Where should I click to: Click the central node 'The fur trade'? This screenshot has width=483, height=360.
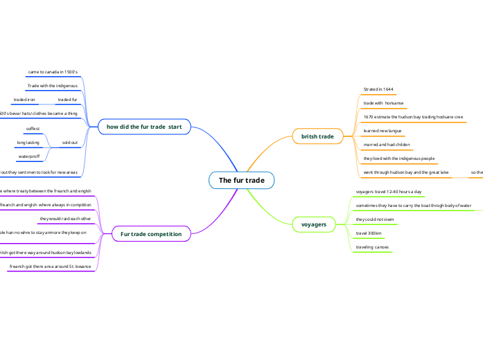pyautogui.click(x=241, y=181)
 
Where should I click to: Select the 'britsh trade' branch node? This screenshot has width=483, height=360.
pyautogui.click(x=317, y=136)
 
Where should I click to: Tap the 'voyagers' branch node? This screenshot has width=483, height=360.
pyautogui.click(x=313, y=224)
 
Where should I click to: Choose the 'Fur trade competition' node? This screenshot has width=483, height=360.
pyautogui.click(x=151, y=234)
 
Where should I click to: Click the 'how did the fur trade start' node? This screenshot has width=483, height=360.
pyautogui.click(x=144, y=127)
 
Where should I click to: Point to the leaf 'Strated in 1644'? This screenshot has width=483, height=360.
pyautogui.click(x=378, y=89)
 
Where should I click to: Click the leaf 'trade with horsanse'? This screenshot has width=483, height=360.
pyautogui.click(x=379, y=102)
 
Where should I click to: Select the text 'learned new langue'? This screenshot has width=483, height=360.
pyautogui.click(x=383, y=130)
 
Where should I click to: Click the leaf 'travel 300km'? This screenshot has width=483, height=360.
pyautogui.click(x=369, y=233)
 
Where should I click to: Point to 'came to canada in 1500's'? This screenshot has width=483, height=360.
pyautogui.click(x=53, y=71)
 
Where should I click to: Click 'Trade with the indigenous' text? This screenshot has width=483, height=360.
pyautogui.click(x=52, y=85)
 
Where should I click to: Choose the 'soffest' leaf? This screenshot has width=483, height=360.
pyautogui.click(x=33, y=129)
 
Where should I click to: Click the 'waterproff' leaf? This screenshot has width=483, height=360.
pyautogui.click(x=28, y=156)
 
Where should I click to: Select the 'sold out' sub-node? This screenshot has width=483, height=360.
pyautogui.click(x=69, y=143)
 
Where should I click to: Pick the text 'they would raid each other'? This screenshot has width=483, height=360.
pyautogui.click(x=65, y=219)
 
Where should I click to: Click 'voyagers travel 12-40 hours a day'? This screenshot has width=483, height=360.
pyautogui.click(x=388, y=192)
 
